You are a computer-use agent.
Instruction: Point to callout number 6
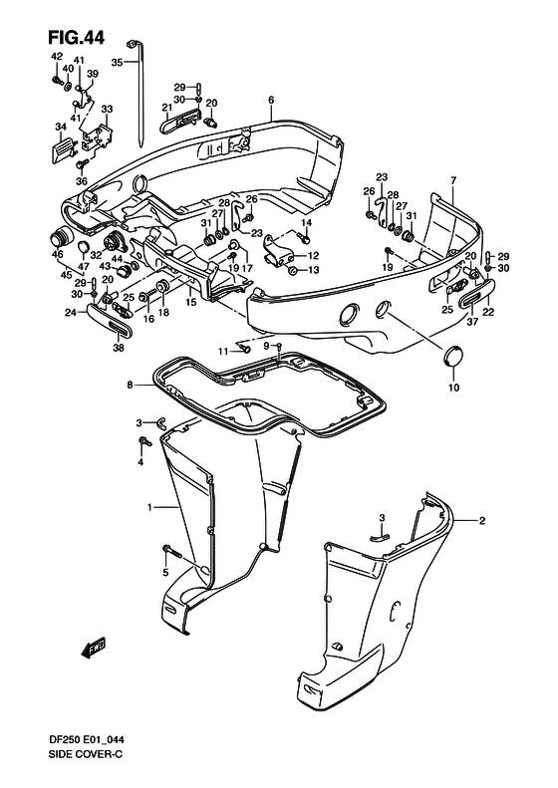(270, 100)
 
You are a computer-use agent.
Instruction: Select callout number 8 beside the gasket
(129, 385)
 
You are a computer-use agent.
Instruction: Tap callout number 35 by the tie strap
(116, 62)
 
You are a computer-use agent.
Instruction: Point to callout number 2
(481, 520)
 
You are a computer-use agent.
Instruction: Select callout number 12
(314, 255)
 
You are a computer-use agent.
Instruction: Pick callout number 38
(118, 349)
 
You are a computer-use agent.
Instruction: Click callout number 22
(488, 311)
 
